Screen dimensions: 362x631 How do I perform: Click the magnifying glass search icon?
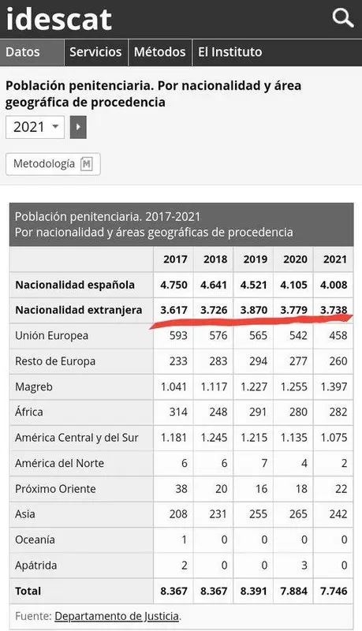pos(343,18)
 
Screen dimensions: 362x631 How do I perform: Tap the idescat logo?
pos(58,19)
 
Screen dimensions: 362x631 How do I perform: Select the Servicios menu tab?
pos(95,52)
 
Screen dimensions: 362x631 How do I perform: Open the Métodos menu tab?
pos(160,52)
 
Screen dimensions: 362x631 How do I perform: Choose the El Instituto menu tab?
pos(230,52)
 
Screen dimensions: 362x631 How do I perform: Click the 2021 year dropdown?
pos(35,127)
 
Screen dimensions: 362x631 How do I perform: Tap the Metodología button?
pos(53,164)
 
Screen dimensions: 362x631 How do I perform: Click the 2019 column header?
pos(255,259)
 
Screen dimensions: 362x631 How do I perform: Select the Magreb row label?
pos(34,386)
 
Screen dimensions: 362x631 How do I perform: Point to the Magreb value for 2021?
pos(334,386)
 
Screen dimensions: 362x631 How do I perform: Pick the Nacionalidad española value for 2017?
pos(174,285)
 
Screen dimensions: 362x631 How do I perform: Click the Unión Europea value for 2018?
pos(218,336)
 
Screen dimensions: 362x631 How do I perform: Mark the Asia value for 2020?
pos(298,514)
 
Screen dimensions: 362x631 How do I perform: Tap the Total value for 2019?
pos(254,591)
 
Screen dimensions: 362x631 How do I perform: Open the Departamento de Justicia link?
pos(117,616)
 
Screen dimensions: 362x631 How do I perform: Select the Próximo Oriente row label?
pos(55,489)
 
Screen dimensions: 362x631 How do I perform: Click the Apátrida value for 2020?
pos(304,566)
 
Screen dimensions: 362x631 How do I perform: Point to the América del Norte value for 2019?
pos(264,463)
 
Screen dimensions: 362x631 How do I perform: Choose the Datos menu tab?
pos(23,52)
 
